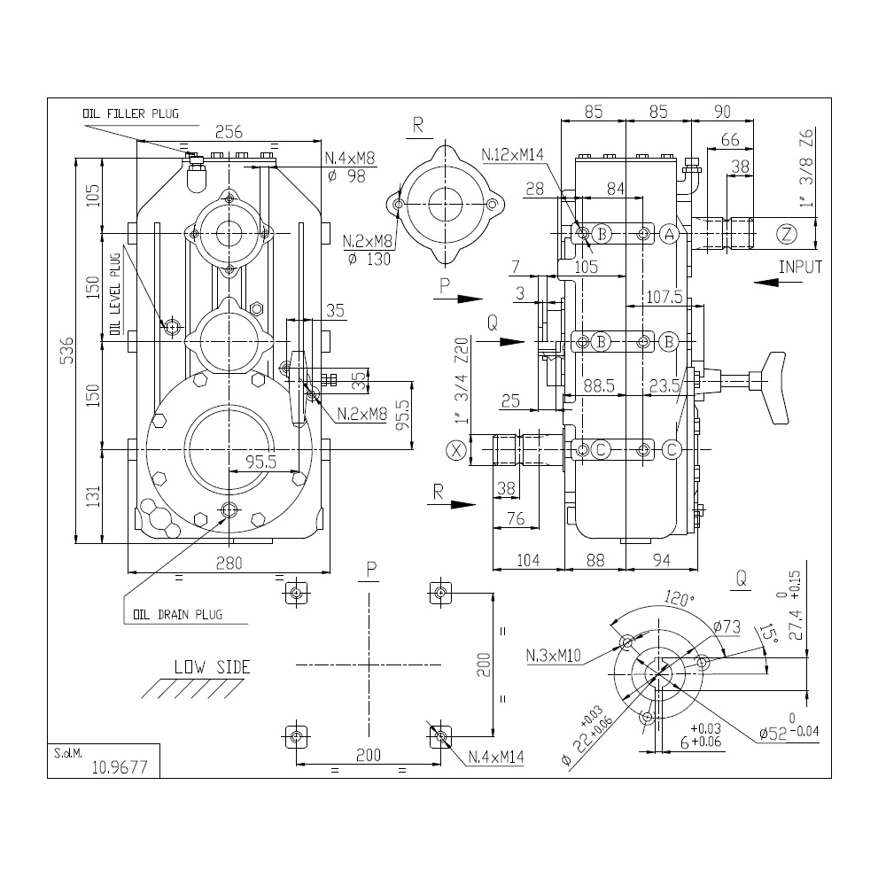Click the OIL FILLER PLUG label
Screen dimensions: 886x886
tap(130, 113)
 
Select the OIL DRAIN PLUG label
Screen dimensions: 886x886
tap(177, 614)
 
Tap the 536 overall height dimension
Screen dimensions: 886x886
tap(66, 350)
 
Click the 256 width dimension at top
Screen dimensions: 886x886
tap(229, 132)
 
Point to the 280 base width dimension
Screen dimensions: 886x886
tap(229, 563)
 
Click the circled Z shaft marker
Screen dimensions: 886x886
tap(787, 234)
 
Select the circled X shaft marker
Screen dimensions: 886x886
tap(456, 450)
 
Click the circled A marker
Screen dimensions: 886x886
tap(670, 234)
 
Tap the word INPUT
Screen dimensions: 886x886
tap(800, 267)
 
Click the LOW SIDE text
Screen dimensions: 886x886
tap(212, 667)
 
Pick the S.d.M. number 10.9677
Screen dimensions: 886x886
tap(120, 766)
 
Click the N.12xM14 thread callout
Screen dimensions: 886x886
tap(512, 154)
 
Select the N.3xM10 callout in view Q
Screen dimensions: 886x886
tap(553, 656)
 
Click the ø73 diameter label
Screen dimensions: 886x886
tap(727, 626)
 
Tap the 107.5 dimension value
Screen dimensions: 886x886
tap(664, 296)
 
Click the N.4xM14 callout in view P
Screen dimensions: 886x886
tap(496, 757)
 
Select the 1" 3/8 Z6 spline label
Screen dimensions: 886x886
tap(807, 167)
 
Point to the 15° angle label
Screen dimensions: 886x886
tap(767, 633)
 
